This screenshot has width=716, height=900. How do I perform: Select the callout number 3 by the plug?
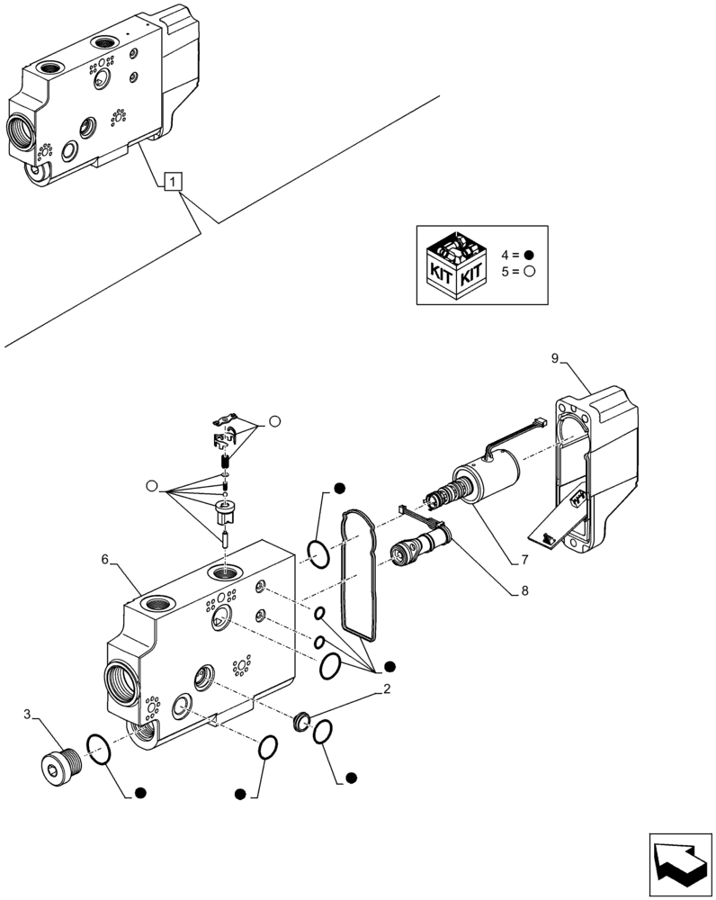(29, 715)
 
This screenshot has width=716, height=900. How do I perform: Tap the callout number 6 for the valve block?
(104, 559)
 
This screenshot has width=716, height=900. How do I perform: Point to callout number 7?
(523, 560)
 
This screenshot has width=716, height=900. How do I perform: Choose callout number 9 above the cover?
(555, 359)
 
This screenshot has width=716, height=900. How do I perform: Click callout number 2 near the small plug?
(386, 690)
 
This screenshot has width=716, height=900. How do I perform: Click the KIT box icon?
(455, 265)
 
